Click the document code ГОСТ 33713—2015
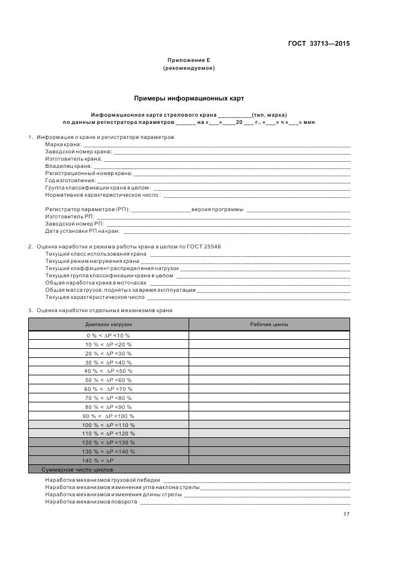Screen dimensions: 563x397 click(318, 44)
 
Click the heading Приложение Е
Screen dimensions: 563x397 click(189, 61)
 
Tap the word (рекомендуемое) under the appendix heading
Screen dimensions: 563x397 click(189, 68)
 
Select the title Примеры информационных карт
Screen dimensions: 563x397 click(189, 98)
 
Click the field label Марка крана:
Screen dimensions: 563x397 click(63, 145)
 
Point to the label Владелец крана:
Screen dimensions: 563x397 click(68, 165)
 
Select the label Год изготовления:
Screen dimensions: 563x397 click(70, 180)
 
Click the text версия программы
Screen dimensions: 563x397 click(217, 209)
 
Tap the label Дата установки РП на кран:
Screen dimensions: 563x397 click(82, 231)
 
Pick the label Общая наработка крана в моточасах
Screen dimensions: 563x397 click(96, 283)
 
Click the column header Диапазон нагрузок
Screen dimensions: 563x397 click(108, 324)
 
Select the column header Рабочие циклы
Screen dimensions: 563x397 click(268, 324)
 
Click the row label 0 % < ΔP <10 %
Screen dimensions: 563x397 click(108, 335)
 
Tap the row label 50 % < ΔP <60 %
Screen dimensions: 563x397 click(108, 380)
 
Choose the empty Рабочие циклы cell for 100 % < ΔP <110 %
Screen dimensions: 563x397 click(268, 425)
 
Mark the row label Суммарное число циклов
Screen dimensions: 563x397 click(77, 469)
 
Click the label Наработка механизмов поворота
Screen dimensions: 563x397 click(91, 501)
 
